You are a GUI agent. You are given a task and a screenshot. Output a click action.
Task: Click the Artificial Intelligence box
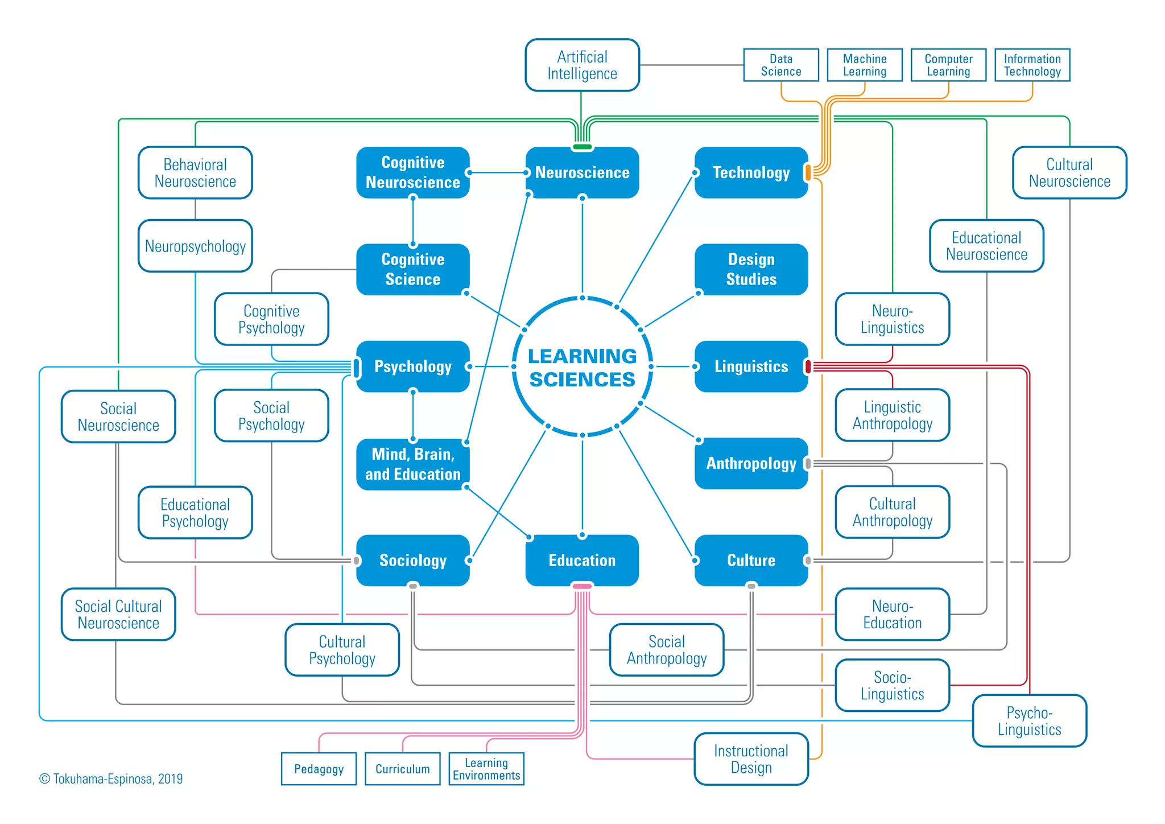(582, 65)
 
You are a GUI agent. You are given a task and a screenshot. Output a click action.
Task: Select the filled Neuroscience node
(582, 172)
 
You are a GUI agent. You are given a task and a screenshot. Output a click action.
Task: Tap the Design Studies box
(751, 269)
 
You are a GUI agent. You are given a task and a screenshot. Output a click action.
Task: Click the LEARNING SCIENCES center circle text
(582, 367)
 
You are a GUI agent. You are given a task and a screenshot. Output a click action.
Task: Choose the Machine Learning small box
(864, 65)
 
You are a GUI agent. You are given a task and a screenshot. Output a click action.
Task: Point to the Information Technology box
(1032, 65)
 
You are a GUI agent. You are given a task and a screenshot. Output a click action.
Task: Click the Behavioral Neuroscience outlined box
(195, 172)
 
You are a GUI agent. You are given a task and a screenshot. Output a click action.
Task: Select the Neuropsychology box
(195, 246)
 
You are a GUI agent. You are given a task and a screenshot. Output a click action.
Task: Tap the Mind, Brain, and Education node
(412, 464)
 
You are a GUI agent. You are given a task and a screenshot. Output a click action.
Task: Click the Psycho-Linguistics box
(1029, 720)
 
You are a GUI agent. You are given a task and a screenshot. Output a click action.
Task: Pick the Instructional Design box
(751, 759)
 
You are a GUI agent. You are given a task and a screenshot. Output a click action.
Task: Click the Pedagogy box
(319, 769)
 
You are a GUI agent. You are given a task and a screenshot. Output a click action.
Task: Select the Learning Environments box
(486, 769)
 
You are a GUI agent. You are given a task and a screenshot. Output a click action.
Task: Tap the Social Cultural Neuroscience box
(118, 614)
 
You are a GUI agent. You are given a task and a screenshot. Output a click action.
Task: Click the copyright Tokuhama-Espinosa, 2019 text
(111, 778)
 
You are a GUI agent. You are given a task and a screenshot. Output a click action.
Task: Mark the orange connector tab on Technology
(808, 172)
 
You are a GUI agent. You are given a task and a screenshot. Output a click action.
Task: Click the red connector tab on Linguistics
(808, 366)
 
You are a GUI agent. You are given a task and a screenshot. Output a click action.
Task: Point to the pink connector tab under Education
(582, 586)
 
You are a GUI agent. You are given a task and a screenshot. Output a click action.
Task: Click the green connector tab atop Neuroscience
(582, 147)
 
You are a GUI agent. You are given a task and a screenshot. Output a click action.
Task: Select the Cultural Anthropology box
(892, 512)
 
